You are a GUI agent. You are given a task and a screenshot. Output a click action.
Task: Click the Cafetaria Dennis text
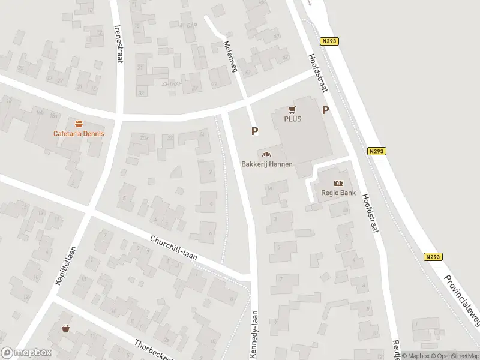[79, 133]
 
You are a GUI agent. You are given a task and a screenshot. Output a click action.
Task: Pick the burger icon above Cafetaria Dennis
[79, 124]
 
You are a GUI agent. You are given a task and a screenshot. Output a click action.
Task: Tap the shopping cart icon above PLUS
[293, 109]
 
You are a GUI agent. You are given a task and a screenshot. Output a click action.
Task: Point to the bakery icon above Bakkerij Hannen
[265, 155]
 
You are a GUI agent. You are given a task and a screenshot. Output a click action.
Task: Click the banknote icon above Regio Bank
[340, 184]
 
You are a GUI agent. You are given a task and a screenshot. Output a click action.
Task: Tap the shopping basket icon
[65, 328]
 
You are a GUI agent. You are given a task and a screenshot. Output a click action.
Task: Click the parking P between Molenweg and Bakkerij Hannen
[255, 131]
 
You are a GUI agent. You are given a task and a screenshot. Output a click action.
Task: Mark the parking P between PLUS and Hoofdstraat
[326, 110]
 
